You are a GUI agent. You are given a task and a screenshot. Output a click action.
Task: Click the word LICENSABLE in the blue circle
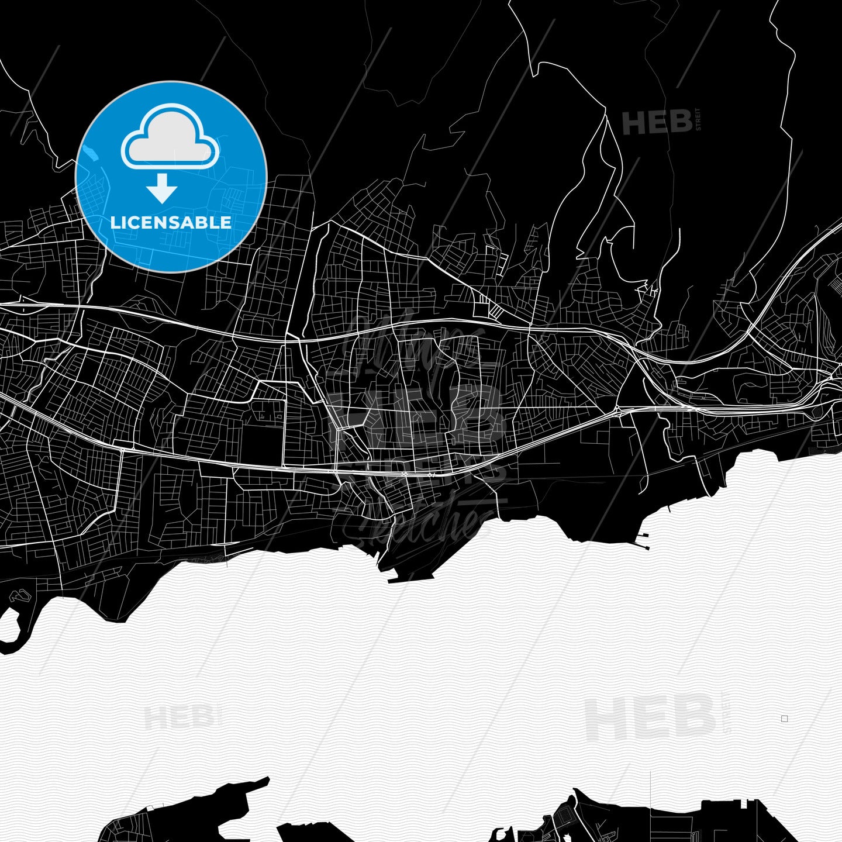click(x=171, y=222)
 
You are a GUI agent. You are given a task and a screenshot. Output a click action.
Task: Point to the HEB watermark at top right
click(x=657, y=123)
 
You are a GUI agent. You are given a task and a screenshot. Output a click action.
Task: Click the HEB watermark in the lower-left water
click(x=180, y=717)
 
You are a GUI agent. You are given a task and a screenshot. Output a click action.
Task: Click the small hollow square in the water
click(x=785, y=719)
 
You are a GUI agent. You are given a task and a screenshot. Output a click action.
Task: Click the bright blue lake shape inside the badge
click(x=91, y=154)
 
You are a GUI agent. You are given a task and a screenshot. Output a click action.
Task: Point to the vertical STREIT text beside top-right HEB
click(x=698, y=119)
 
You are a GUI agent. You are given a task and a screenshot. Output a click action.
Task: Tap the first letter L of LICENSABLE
click(x=115, y=222)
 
